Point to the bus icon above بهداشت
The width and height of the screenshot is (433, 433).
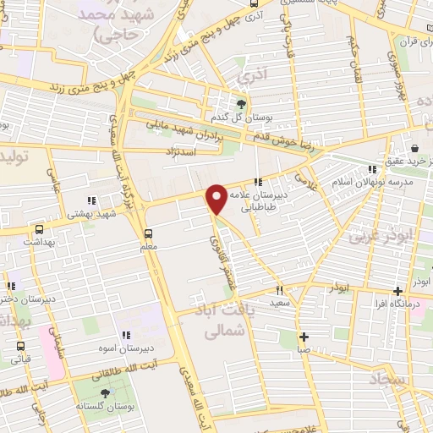tap(39, 228)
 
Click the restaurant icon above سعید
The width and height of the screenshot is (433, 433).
tap(281, 289)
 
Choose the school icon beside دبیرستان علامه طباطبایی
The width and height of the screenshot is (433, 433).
tap(256, 181)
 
